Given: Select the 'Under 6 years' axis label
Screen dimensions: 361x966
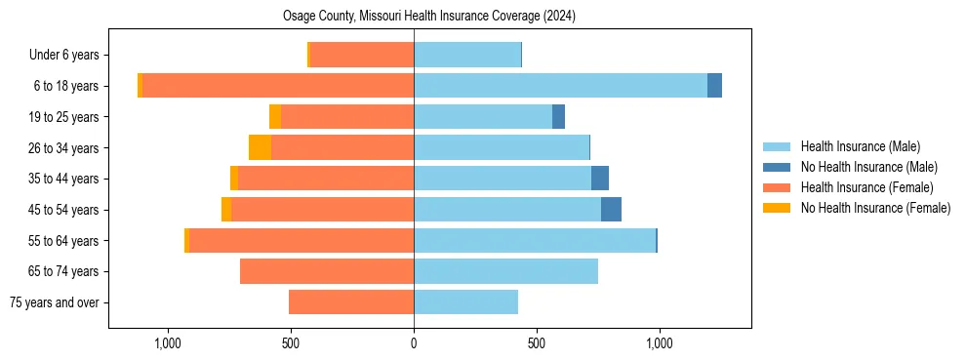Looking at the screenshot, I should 69,56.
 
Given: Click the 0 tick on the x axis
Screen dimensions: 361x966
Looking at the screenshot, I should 414,343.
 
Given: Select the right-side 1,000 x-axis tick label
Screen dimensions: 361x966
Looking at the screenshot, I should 659,343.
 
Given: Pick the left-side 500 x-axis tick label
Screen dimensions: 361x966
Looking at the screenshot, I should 291,343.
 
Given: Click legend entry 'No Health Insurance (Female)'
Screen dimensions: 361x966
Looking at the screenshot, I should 875,208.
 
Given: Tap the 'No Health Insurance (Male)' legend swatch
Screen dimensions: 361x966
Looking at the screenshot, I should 778,167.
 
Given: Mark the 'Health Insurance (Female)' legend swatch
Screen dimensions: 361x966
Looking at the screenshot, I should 778,187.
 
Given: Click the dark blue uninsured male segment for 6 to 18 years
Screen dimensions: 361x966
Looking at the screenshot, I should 714,86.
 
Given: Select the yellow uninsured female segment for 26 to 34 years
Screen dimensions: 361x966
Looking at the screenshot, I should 260,147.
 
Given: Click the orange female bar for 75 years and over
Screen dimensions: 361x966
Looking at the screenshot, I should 351,302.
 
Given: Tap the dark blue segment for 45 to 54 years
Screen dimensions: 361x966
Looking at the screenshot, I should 611,210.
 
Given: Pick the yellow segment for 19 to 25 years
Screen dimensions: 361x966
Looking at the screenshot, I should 275,117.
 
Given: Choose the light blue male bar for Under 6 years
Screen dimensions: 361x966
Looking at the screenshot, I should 467,56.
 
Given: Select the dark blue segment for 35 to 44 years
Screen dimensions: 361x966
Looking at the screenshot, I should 600,179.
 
